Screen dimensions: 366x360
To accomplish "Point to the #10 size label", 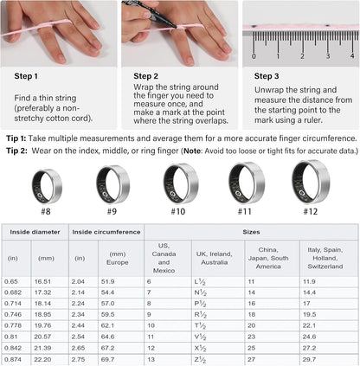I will tap(178, 210).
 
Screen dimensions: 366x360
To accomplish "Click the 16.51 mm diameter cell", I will tap(43, 282).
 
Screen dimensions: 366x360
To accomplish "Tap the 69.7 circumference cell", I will tap(108, 359).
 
